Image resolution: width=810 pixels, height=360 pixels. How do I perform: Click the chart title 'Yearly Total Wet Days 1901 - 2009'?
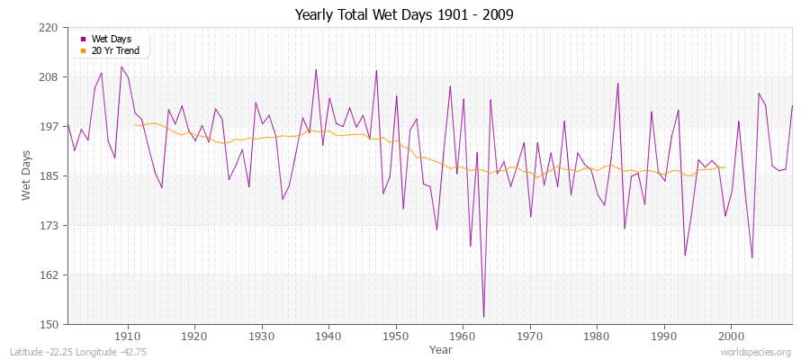[404, 15]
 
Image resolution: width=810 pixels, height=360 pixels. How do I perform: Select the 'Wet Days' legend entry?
[111, 39]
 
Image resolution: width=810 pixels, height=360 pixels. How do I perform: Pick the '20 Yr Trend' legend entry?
[113, 50]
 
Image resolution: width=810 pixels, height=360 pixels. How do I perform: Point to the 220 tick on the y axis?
[49, 28]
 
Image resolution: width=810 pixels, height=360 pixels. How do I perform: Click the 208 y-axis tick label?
[49, 77]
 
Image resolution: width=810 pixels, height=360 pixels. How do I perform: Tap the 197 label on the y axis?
[49, 127]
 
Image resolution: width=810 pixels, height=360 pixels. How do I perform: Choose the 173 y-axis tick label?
[49, 226]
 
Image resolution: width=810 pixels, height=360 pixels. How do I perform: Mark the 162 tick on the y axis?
[49, 275]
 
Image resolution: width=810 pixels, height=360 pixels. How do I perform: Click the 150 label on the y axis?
[49, 324]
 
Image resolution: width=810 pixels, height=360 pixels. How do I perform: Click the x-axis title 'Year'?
[441, 348]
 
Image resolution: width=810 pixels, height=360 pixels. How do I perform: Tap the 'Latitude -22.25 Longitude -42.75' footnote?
[78, 352]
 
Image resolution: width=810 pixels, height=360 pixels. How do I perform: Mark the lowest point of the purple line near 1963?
[483, 316]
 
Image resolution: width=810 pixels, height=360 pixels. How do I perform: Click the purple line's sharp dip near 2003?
[751, 257]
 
